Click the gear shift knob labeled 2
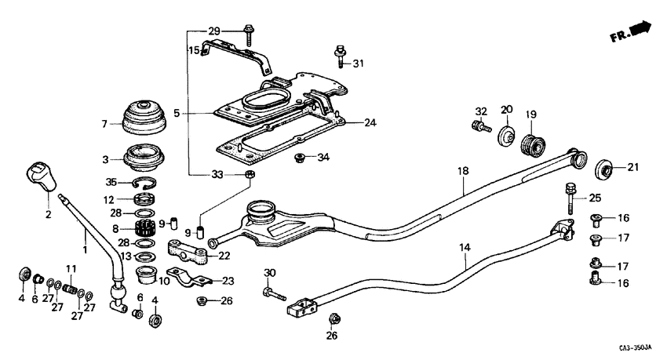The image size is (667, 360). (42, 176)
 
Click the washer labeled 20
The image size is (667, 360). (506, 135)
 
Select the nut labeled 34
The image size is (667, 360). (300, 159)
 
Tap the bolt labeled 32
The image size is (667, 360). (479, 125)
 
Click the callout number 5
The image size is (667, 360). (177, 113)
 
